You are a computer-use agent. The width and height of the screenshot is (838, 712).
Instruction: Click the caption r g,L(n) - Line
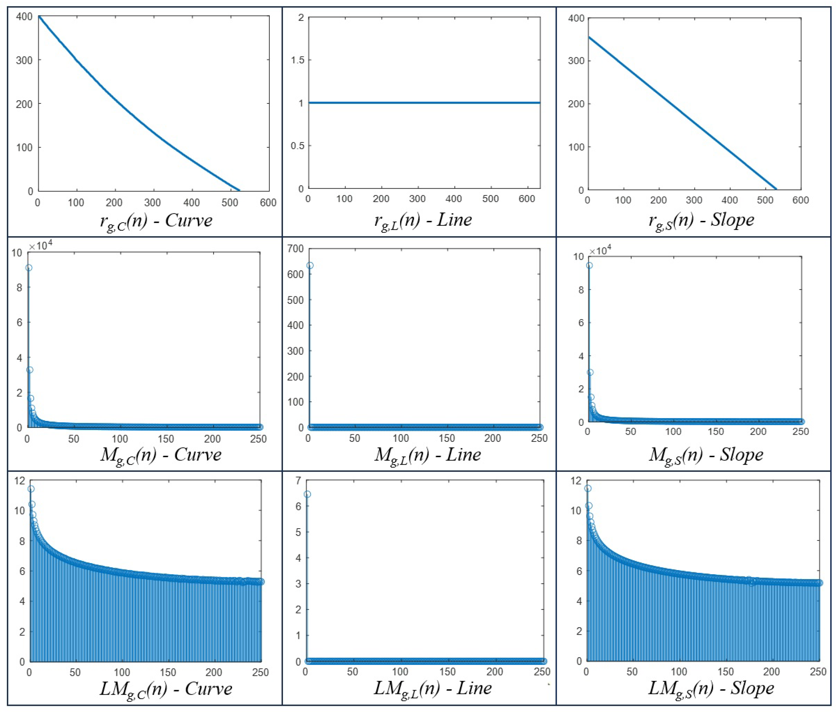click(423, 220)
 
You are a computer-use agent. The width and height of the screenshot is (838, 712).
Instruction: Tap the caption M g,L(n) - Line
click(427, 455)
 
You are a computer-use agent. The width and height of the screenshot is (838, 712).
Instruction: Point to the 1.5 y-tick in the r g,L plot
click(298, 60)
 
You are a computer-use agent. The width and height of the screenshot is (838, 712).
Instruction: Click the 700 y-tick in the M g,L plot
click(295, 249)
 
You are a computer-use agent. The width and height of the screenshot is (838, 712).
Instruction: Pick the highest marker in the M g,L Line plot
click(310, 265)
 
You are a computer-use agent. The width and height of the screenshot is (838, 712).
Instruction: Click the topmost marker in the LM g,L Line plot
click(307, 494)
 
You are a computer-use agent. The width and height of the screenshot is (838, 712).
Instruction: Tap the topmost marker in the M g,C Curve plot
click(29, 268)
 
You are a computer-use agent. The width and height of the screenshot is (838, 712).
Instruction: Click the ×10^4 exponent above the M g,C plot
click(40, 245)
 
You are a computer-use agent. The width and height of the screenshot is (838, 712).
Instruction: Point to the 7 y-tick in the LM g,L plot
click(298, 480)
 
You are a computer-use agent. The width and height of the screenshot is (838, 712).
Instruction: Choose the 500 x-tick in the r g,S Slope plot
click(765, 200)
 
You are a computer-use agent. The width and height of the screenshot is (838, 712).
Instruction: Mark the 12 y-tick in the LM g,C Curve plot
click(19, 480)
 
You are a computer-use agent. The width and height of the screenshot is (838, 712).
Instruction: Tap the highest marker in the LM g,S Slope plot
click(588, 488)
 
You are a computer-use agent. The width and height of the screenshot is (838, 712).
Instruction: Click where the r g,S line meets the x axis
click(776, 189)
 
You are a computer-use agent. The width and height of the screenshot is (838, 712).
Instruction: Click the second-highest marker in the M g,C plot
click(29, 370)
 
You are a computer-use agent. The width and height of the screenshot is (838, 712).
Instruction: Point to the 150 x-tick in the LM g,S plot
click(725, 672)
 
